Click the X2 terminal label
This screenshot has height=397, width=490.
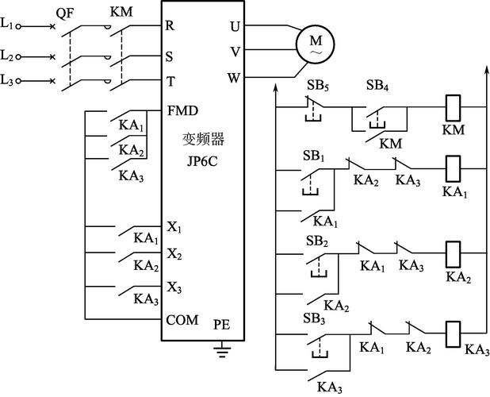[x=174, y=254]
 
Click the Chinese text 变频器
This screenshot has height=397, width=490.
[x=202, y=139]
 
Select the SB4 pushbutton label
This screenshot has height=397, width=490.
[x=377, y=85]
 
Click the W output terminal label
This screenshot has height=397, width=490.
[x=233, y=79]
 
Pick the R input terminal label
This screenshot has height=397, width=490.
[x=170, y=25]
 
